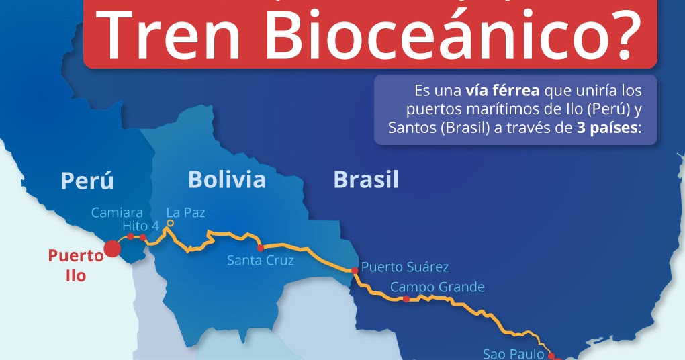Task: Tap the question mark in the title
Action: pos(617,34)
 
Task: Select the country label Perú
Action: pos(87,181)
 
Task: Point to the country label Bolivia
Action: pos(226,179)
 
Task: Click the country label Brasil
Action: pos(365,179)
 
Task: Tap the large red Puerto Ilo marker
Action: pos(112,249)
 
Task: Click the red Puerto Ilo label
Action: pos(76,265)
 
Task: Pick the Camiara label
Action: pos(117,213)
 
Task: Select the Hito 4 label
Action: pos(140,226)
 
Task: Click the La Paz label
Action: pos(185,212)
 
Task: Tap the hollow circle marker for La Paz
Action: pos(170,223)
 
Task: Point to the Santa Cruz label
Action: pos(260,260)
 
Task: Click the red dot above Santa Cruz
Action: pos(260,248)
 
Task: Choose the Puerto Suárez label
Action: pos(404,267)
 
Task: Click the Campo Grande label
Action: pos(437,287)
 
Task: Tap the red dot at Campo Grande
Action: pos(387,298)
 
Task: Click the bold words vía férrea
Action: pos(502,89)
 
